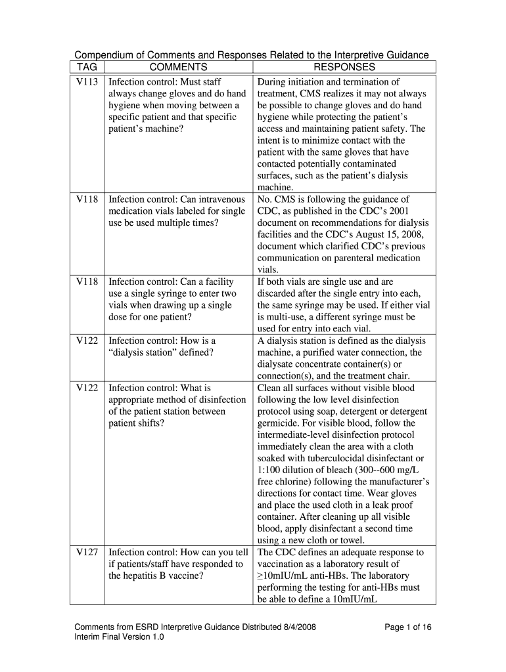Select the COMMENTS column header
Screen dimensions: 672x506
tap(178, 67)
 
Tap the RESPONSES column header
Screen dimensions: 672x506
tap(344, 67)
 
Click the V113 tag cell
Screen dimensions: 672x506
tap(87, 82)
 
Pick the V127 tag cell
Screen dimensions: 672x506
tap(87, 553)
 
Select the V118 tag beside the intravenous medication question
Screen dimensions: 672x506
tap(87, 199)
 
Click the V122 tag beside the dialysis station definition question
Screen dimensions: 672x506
tap(87, 341)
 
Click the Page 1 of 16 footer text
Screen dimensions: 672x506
tap(408, 627)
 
